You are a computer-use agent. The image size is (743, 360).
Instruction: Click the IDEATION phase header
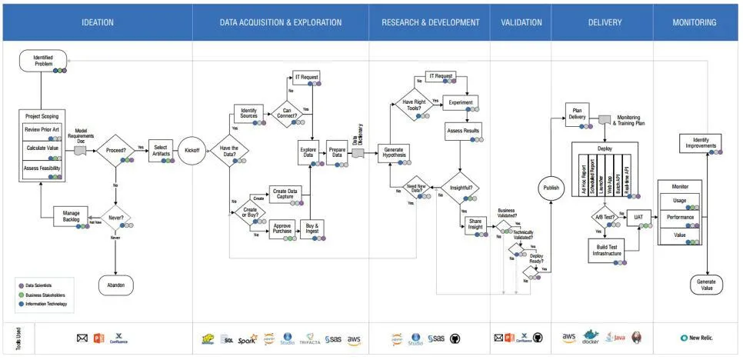tap(98, 22)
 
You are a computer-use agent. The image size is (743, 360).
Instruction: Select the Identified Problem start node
tap(43, 61)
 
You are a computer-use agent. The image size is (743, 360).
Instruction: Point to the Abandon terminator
tap(115, 285)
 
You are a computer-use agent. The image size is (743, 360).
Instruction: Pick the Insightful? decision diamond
tap(461, 188)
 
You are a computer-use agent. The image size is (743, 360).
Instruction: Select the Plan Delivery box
tap(577, 112)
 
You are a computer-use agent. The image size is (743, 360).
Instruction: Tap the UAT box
tap(638, 218)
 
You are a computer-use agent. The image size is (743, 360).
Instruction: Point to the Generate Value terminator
tap(706, 285)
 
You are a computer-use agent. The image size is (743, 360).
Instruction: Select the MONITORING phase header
tap(695, 22)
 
